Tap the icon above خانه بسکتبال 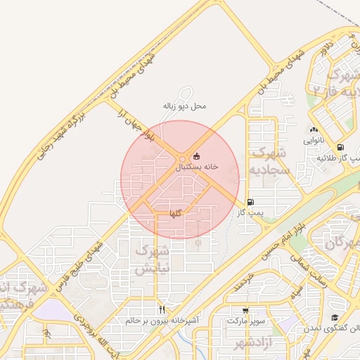196,156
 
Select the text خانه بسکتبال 196,167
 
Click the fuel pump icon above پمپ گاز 250,201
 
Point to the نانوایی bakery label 314,140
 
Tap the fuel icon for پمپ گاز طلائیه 341,148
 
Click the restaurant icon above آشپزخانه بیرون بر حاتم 162,309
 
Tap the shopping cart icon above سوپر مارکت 245,310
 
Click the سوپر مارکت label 245,321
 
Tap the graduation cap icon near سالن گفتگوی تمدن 335,318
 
